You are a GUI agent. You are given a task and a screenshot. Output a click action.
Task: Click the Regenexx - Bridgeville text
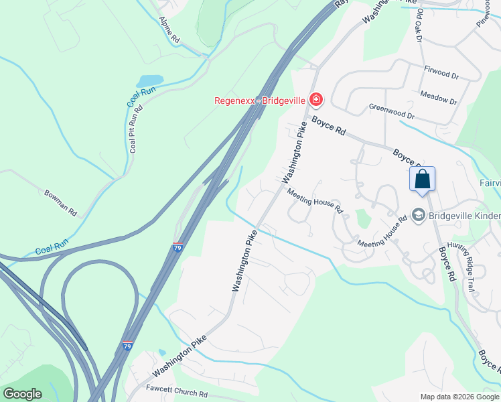[260, 101]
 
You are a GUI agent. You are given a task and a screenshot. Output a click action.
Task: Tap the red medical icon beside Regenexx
[316, 101]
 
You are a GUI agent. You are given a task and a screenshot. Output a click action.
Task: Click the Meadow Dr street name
[439, 98]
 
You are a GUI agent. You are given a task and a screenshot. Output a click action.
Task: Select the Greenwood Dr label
[392, 112]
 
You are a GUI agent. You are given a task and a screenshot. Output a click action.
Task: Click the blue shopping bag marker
[422, 180]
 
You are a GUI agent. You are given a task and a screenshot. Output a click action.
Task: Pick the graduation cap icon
[419, 215]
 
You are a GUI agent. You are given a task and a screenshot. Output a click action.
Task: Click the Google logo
[22, 394]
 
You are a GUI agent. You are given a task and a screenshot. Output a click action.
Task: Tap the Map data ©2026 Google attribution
[459, 397]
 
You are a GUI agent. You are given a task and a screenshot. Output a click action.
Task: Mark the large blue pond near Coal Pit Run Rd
[149, 81]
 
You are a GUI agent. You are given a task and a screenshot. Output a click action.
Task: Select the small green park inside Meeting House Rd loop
[363, 218]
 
